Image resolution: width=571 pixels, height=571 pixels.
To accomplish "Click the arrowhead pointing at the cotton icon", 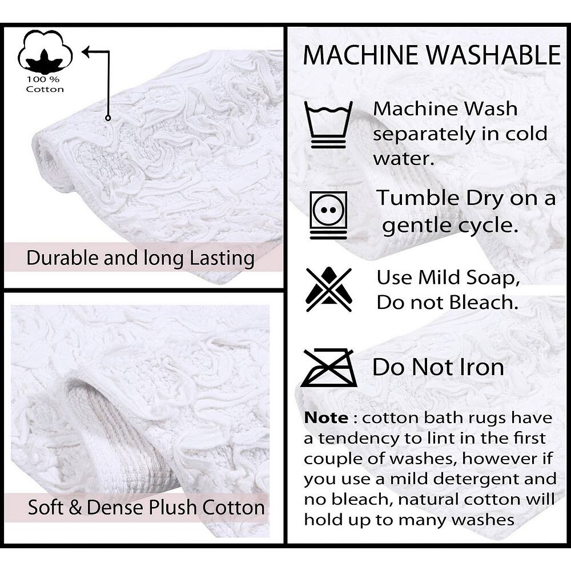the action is tap(87, 52).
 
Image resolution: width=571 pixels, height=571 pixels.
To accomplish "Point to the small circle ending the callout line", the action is tap(108, 118).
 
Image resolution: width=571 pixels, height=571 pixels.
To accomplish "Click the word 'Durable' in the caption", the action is tap(63, 258).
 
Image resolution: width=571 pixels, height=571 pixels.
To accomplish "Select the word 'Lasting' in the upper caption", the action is tap(222, 259).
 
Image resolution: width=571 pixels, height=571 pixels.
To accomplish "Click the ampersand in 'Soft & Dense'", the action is tap(75, 507).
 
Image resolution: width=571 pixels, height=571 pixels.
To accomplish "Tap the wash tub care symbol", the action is tap(328, 124).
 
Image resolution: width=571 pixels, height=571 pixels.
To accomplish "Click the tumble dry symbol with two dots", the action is tap(328, 215).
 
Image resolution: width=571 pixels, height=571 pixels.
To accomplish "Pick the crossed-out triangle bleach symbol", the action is tap(329, 289).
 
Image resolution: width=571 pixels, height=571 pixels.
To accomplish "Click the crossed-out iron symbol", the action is tap(329, 367).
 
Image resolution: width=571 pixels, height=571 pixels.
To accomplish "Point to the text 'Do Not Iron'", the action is tap(438, 367).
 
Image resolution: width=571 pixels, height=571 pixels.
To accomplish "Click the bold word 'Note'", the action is tap(326, 418).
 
